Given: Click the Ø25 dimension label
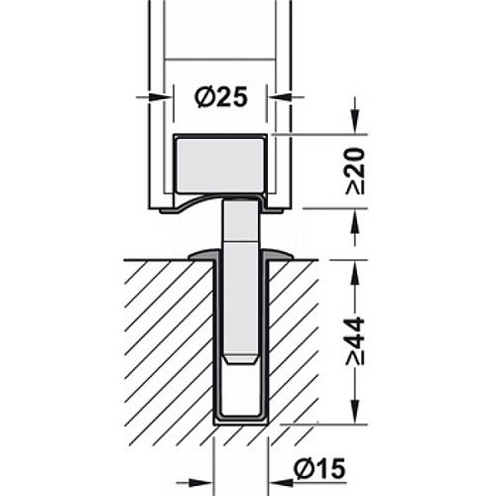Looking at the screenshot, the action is pos(221,98).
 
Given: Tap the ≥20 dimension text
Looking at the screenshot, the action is pos(355,172).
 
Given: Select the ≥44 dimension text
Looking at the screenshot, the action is pos(355,341).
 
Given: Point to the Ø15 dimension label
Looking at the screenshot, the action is pos(319,468).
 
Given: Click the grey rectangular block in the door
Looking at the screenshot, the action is pos(220,166).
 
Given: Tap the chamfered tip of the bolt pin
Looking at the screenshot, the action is pos(241,359).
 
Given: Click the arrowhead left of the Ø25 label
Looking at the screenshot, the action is pos(157,97).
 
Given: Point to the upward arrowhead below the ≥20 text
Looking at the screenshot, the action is pos(355,219).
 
